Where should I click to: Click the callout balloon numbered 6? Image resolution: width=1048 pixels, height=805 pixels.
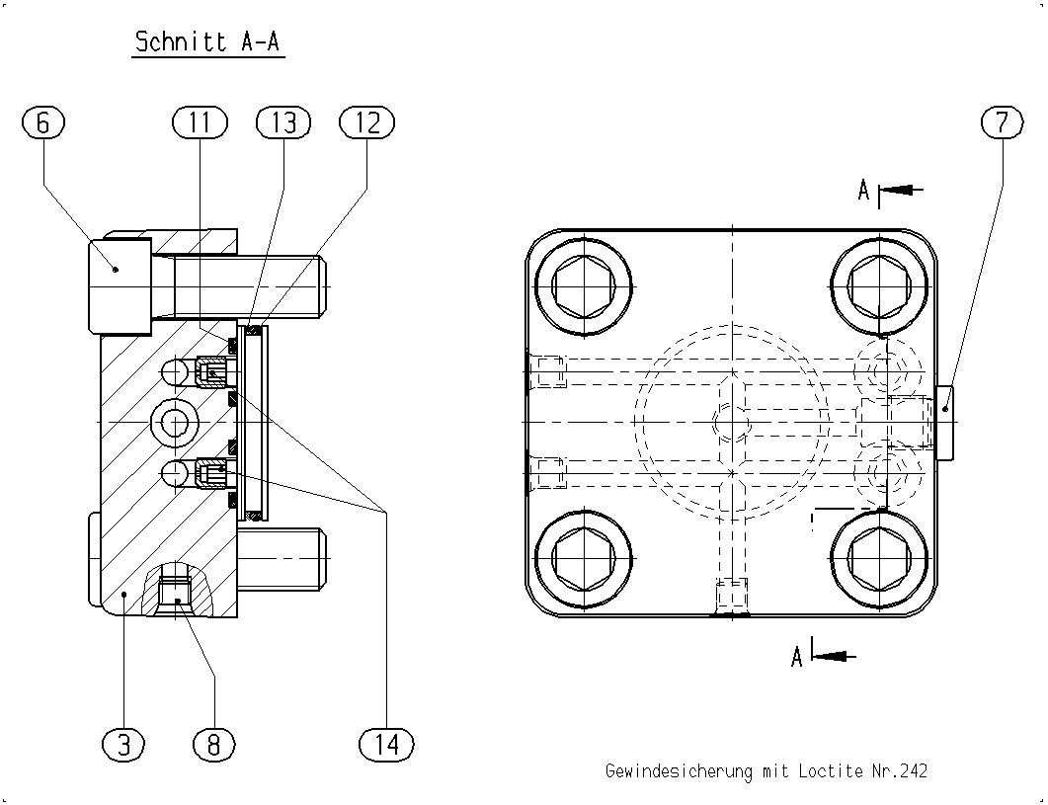click(43, 123)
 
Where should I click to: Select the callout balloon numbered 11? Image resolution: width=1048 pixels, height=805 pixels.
click(200, 123)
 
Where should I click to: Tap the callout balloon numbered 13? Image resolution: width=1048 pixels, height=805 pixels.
click(284, 123)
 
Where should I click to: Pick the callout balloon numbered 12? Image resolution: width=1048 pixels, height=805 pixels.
click(366, 123)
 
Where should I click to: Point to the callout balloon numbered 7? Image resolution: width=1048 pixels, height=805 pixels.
click(1002, 123)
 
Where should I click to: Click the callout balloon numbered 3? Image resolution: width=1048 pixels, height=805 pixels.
click(124, 744)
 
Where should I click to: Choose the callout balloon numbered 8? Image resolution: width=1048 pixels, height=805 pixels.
click(214, 744)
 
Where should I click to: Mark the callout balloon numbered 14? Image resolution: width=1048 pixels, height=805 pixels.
click(386, 744)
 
